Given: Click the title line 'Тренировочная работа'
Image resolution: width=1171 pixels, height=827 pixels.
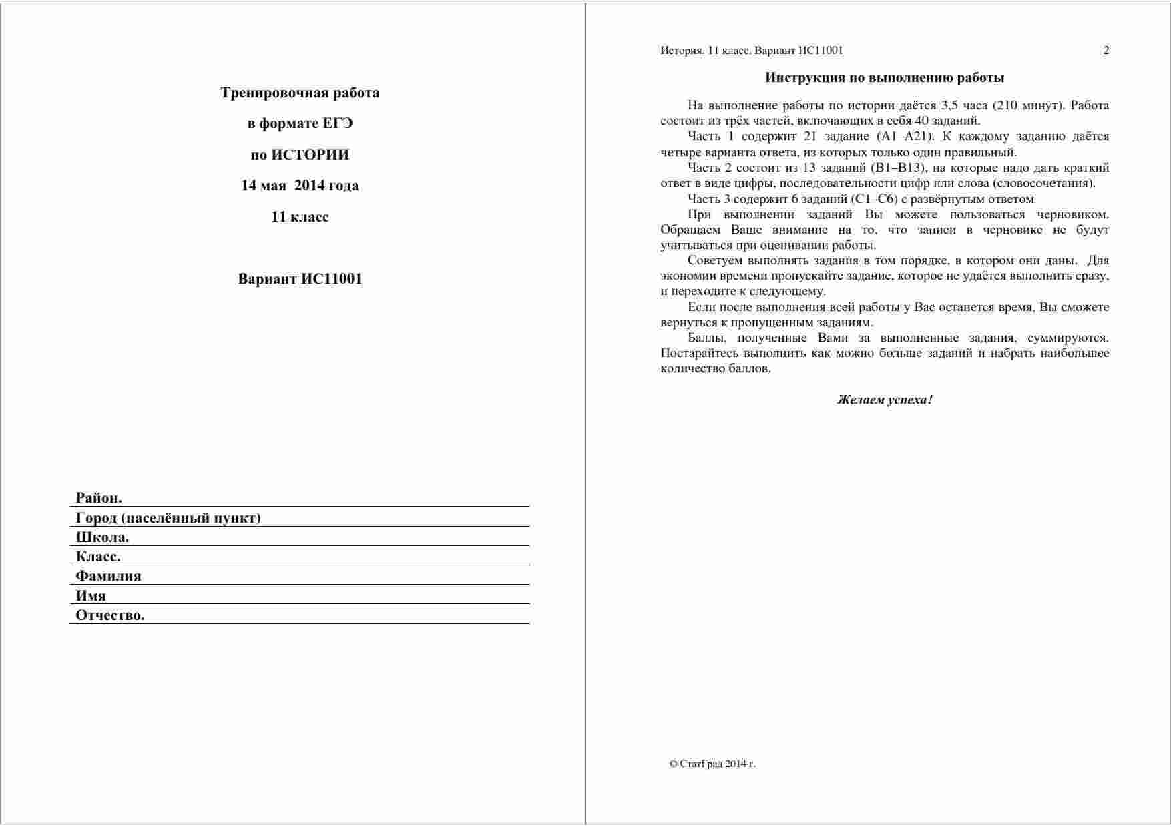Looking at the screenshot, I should [300, 93].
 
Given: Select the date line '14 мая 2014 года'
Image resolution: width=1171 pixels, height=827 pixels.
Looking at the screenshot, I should [300, 186].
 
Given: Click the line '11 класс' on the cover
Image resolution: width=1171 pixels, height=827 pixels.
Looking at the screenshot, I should [300, 217].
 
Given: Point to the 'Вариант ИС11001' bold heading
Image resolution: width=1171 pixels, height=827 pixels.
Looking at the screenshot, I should [300, 279].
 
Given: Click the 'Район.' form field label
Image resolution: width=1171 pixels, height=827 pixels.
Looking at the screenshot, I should [99, 498].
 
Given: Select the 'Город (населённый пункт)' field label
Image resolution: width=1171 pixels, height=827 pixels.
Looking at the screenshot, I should [168, 518].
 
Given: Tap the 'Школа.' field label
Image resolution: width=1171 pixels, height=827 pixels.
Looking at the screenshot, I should [102, 537].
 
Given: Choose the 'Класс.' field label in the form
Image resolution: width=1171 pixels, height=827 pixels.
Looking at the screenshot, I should [98, 557].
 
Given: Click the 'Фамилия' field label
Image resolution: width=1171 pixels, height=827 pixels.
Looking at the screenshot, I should [108, 576].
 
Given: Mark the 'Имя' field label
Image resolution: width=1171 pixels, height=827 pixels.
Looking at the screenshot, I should [91, 596].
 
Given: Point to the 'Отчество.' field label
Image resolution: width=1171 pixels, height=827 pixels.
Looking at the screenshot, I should [110, 615].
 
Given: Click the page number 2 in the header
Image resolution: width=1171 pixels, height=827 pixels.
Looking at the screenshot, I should [1106, 51].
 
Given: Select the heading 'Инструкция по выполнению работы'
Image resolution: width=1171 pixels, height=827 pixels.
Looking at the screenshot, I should [885, 78].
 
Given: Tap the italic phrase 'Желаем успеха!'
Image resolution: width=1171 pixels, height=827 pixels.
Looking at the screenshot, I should [885, 400].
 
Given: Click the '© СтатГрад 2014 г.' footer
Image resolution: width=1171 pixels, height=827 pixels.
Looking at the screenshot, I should [712, 764].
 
